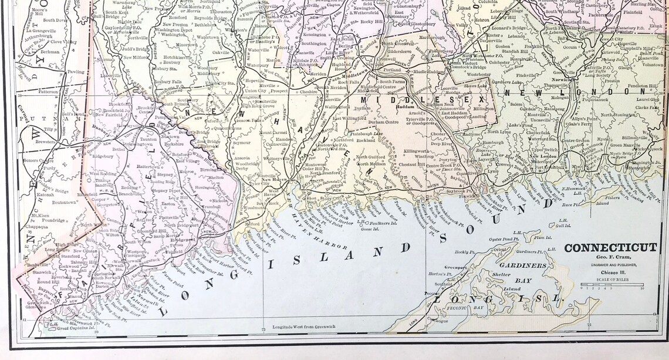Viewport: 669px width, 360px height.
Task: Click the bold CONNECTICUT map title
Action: click(x=610, y=248)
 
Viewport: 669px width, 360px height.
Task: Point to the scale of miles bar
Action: click(x=611, y=284)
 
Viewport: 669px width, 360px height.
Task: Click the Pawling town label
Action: click(x=76, y=72)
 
